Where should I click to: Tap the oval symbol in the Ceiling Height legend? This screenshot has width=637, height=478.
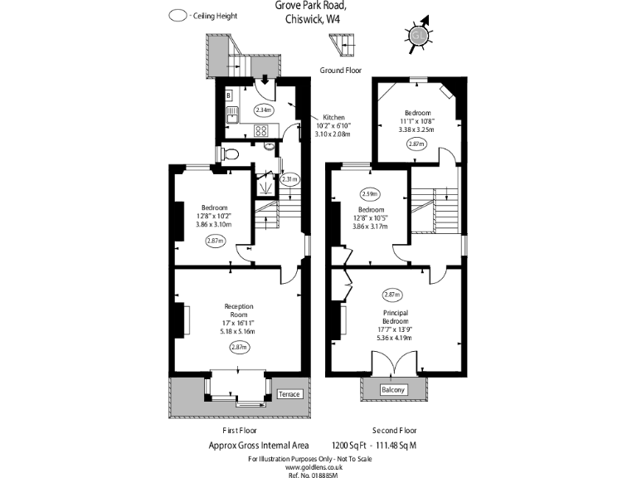click(177, 15)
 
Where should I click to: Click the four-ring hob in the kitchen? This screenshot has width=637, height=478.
click(261, 130)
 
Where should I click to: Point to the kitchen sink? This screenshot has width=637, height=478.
click(231, 113)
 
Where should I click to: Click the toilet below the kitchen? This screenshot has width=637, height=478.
click(232, 154)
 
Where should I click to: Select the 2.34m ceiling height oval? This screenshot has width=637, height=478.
click(263, 110)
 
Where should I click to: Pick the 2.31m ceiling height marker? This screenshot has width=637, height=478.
click(289, 179)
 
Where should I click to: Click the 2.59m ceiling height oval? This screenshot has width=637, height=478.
click(370, 194)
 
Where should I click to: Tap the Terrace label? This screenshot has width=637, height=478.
click(289, 394)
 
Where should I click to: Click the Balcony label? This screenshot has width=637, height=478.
click(392, 389)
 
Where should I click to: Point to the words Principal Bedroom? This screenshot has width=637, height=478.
click(394, 318)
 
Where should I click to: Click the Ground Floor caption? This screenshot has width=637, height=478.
click(340, 71)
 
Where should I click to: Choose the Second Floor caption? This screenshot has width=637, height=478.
click(394, 431)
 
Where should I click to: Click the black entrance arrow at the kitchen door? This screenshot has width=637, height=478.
click(263, 80)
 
